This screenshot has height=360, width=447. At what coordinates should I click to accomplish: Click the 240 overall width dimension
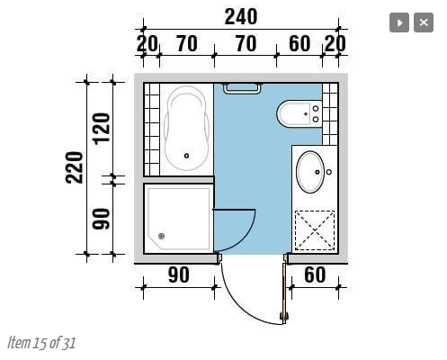pyautogui.click(x=241, y=17)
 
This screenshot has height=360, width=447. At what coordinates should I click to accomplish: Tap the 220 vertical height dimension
pyautogui.click(x=74, y=167)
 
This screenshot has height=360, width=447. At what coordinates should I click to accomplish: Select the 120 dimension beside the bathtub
pyautogui.click(x=102, y=129)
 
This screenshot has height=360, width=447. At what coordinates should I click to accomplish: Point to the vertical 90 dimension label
pyautogui.click(x=101, y=219)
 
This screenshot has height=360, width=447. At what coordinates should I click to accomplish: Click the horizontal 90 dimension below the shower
pyautogui.click(x=179, y=274)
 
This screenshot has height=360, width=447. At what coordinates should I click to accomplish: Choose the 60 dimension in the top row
pyautogui.click(x=299, y=44)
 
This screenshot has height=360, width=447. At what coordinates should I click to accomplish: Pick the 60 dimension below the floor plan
pyautogui.click(x=315, y=274)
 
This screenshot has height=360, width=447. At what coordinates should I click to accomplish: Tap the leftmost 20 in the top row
pyautogui.click(x=147, y=44)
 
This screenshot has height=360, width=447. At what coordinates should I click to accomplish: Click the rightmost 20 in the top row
pyautogui.click(x=335, y=44)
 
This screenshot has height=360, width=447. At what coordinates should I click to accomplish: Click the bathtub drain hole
pyautogui.click(x=186, y=156)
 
